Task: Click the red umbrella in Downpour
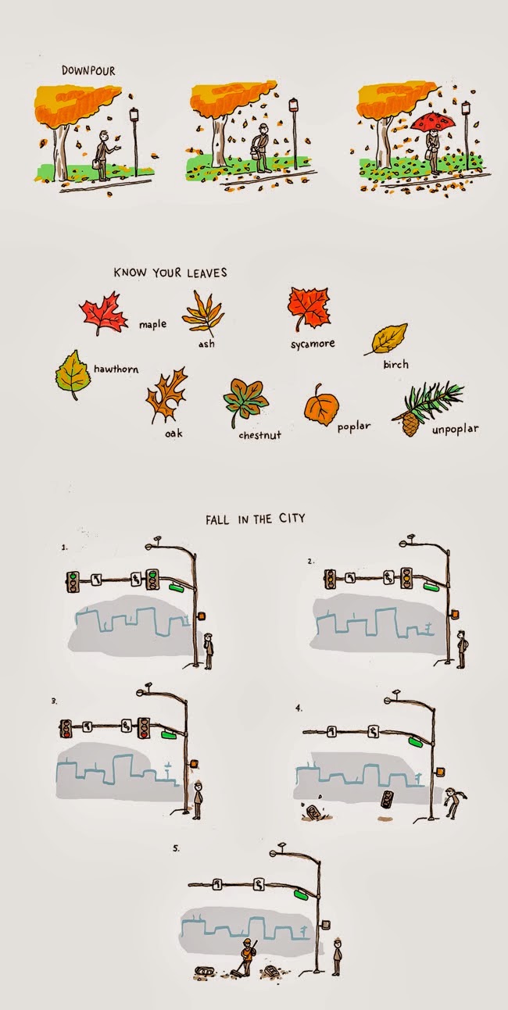pyautogui.click(x=431, y=122)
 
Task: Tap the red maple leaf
pyautogui.click(x=104, y=313)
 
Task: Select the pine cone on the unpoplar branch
pyautogui.click(x=410, y=424)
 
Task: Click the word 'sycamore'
pyautogui.click(x=313, y=344)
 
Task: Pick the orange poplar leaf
pyautogui.click(x=320, y=405)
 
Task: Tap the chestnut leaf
pyautogui.click(x=245, y=402)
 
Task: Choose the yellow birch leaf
pyautogui.click(x=386, y=339)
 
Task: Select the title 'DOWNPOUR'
pyautogui.click(x=88, y=71)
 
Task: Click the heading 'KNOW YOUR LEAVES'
pyautogui.click(x=170, y=273)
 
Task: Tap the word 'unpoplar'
pyautogui.click(x=455, y=430)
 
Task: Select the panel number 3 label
pyautogui.click(x=54, y=701)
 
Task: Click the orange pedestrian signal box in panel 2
pyautogui.click(x=454, y=615)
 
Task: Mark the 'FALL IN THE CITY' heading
pyautogui.click(x=256, y=519)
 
